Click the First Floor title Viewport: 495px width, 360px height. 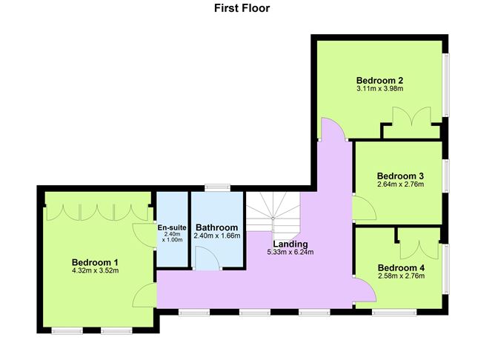242,9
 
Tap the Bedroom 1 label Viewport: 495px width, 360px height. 95,261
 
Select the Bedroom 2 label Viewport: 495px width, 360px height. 379,80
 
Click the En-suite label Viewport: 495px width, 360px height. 172,227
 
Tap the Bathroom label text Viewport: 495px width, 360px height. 216,227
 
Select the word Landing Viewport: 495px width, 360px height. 290,244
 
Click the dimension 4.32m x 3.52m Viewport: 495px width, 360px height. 95,270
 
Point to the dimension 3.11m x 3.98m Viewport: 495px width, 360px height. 379,89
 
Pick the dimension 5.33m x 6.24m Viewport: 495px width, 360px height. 290,252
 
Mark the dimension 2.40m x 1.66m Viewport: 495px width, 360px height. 216,236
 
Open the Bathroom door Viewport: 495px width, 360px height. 207,259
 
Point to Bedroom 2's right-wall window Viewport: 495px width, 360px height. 445,85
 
